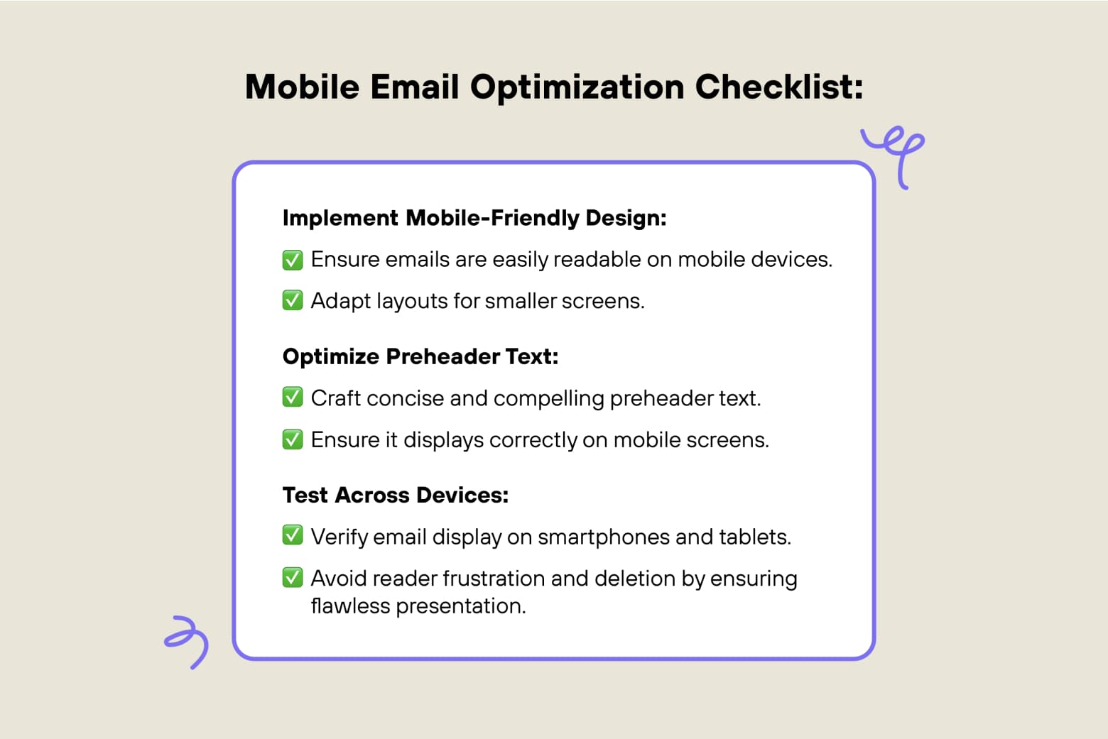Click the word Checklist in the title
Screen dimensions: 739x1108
pos(778,87)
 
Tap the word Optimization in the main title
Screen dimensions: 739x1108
pos(577,87)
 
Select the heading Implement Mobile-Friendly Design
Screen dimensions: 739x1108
pos(474,218)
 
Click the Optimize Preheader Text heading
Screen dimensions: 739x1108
pos(420,356)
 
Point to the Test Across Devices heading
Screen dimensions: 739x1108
pos(395,495)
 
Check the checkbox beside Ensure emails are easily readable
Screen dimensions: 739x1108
pos(293,260)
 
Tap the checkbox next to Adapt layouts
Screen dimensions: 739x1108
pos(293,301)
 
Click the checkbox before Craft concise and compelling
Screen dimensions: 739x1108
pos(293,398)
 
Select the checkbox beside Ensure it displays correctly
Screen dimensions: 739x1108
pos(293,439)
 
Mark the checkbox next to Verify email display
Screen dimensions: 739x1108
pos(293,536)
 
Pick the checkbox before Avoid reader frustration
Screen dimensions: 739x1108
pos(293,578)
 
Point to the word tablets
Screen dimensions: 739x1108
pos(754,537)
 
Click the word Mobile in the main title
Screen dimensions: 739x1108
pos(302,87)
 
